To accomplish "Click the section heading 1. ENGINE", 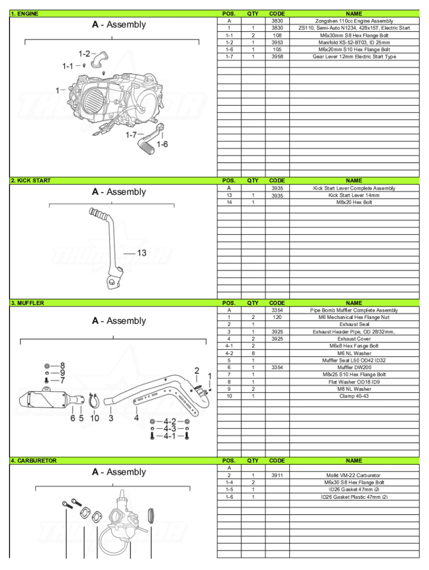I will [x=25, y=13].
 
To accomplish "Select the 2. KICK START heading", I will [x=31, y=180].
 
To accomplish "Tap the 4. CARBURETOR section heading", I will [x=35, y=461].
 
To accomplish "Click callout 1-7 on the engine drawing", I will [x=131, y=135].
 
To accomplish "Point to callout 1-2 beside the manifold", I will [x=84, y=54].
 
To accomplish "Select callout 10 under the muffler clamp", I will [x=95, y=418].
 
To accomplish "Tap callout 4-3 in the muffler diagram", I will [x=169, y=429].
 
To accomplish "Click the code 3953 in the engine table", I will [x=277, y=42].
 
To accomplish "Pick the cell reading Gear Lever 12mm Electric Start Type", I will [x=354, y=57].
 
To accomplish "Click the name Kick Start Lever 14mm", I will [x=354, y=195].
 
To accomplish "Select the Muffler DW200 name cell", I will [x=354, y=367].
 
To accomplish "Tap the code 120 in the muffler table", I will [x=277, y=317].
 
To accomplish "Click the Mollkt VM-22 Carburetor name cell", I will [x=354, y=475].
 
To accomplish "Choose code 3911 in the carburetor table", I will [x=277, y=475].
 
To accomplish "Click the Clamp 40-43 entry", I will [x=354, y=396].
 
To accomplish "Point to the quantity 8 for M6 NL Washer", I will [x=253, y=353].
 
